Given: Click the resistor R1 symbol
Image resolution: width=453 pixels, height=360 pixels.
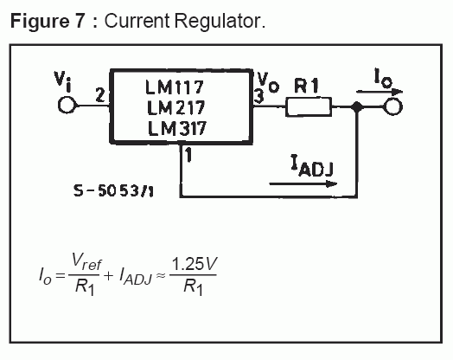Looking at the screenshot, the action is pos(309,107).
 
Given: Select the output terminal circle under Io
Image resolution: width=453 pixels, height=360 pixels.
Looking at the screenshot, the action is pos(392,106).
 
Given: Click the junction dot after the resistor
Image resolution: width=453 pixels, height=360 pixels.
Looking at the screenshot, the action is pos(357,107).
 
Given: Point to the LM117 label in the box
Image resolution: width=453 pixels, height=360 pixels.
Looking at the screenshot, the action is pos(175,87).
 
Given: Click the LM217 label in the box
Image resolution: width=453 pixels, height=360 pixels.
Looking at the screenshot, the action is pos(175,107).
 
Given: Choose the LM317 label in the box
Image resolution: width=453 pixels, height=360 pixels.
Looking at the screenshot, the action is pos(177,128).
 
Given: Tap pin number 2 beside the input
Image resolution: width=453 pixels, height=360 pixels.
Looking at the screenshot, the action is pos(100,95).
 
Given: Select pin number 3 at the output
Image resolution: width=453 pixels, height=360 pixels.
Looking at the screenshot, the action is pos(258,96).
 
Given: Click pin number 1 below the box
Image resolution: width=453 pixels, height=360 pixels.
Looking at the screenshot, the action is pos(188,154).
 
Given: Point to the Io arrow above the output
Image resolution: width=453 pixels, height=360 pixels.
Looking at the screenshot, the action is pos(380,92).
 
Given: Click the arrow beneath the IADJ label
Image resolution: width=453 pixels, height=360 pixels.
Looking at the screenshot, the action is pos(303,184).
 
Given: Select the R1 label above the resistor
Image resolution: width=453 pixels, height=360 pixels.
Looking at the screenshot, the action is pos(306,86).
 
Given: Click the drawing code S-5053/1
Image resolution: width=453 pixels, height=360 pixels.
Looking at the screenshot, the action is pos(113,191).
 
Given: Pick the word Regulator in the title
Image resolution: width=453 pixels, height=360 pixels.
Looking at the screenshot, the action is pos(220,21).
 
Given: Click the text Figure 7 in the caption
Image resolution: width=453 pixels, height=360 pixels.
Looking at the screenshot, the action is pos(48,21).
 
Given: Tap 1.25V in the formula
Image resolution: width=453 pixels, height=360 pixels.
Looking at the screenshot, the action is pos(195,264).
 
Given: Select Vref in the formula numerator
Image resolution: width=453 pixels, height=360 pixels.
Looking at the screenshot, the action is pos(86,261).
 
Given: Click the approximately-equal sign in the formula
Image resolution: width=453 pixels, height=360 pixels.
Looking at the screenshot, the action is pos(161,275).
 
